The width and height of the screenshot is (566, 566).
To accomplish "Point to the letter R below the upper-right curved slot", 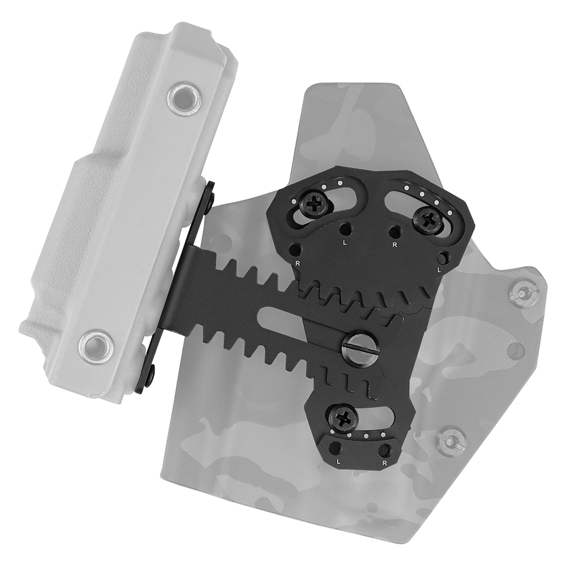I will pyautogui.click(x=393, y=245).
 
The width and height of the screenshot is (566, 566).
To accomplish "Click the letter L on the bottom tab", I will pyautogui.click(x=338, y=462).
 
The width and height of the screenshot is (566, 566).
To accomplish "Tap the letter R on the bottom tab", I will pyautogui.click(x=385, y=463).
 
